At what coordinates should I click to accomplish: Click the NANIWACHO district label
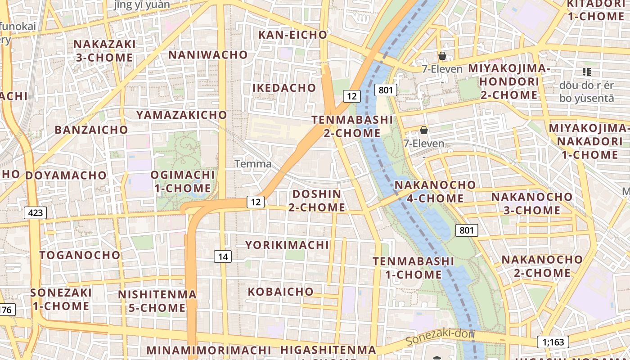(208, 55)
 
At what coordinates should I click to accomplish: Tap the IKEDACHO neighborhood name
(284, 88)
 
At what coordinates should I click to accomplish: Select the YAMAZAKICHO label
(182, 115)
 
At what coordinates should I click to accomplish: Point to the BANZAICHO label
(91, 130)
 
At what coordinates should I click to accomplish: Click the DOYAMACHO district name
(66, 175)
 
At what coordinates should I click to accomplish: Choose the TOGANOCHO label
(80, 255)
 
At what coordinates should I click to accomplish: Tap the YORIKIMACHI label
(287, 245)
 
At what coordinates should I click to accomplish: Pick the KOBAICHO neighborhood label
(281, 292)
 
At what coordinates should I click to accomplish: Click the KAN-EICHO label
(292, 35)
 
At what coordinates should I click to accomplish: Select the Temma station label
(253, 164)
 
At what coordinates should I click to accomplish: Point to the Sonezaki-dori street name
(440, 337)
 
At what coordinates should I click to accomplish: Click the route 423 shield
(35, 212)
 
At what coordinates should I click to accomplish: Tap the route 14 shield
(223, 256)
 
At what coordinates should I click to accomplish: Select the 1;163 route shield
(553, 342)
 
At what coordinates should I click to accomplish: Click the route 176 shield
(6, 310)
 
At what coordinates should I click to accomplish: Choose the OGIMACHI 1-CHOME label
(183, 181)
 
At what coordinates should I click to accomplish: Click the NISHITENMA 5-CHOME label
(157, 301)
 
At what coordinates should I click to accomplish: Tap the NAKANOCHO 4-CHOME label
(429, 192)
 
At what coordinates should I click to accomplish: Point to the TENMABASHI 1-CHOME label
(408, 268)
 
